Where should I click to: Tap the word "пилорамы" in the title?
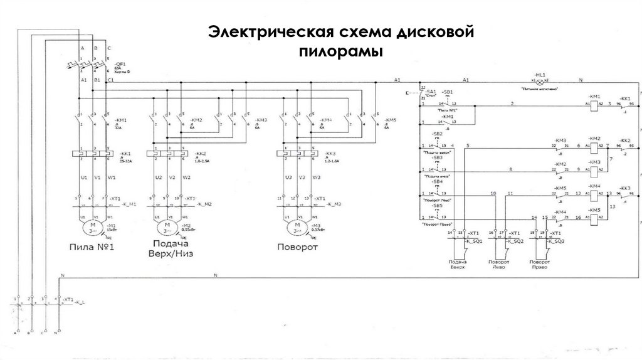(x=340, y=51)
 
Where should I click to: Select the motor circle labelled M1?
(x=93, y=225)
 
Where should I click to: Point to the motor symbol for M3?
(x=295, y=225)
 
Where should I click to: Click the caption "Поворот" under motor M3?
(x=297, y=246)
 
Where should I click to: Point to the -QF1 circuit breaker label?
(x=118, y=65)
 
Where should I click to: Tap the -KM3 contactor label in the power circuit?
(x=261, y=119)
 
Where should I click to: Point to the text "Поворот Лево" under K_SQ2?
(x=499, y=264)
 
